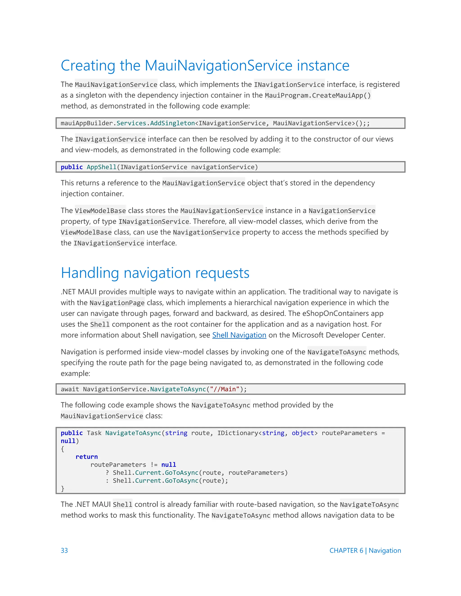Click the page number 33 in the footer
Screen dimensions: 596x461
(x=64, y=550)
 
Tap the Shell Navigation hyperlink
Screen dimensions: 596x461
(x=239, y=335)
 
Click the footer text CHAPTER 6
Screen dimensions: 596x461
(x=346, y=550)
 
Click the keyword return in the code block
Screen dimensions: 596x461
(x=87, y=457)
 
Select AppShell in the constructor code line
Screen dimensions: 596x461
(x=101, y=167)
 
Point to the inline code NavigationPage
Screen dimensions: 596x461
(x=117, y=303)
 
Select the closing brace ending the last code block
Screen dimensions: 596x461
(x=63, y=488)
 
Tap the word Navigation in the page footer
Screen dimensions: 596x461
(x=384, y=550)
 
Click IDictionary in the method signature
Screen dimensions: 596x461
(x=237, y=433)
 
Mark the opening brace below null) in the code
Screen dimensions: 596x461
(x=63, y=449)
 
